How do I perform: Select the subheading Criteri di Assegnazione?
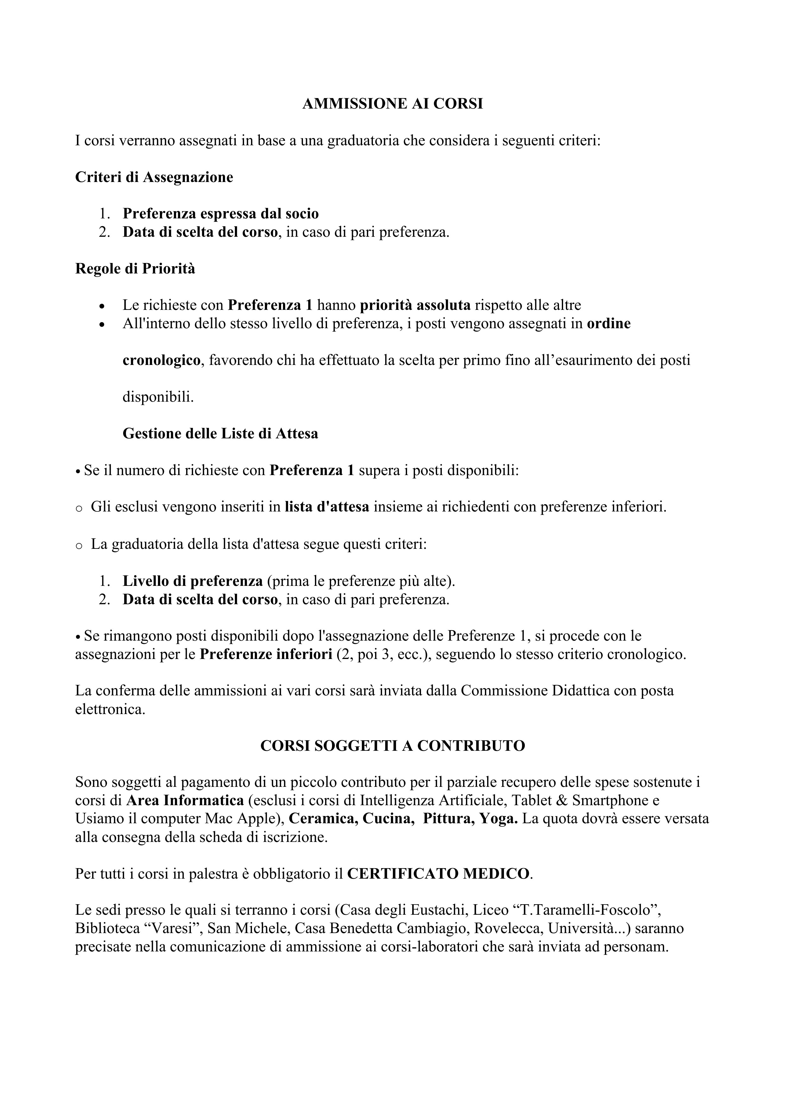point(154,178)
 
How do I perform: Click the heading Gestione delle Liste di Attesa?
point(220,434)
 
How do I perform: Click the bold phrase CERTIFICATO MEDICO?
point(438,874)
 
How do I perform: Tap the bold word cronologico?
point(161,360)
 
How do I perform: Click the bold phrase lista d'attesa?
point(327,507)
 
